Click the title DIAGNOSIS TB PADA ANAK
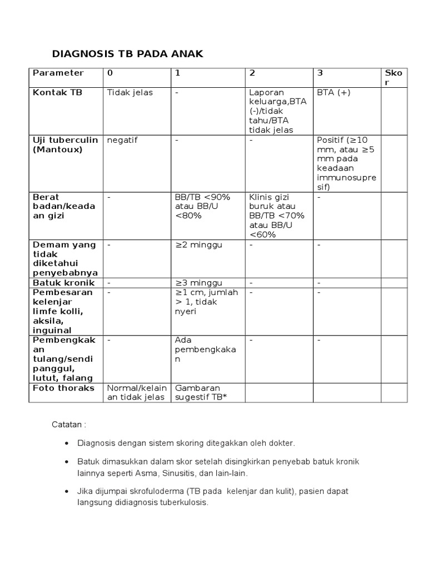pyautogui.click(x=128, y=54)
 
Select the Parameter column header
pyautogui.click(x=58, y=73)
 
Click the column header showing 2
pyautogui.click(x=252, y=73)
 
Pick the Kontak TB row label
pyautogui.click(x=57, y=92)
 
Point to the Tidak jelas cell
pyautogui.click(x=130, y=92)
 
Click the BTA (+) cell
pyautogui.click(x=334, y=92)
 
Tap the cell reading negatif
pyautogui.click(x=122, y=140)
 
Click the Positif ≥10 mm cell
pyautogui.click(x=346, y=163)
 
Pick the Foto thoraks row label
pyautogui.click(x=64, y=387)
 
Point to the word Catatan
pyautogui.click(x=69, y=425)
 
